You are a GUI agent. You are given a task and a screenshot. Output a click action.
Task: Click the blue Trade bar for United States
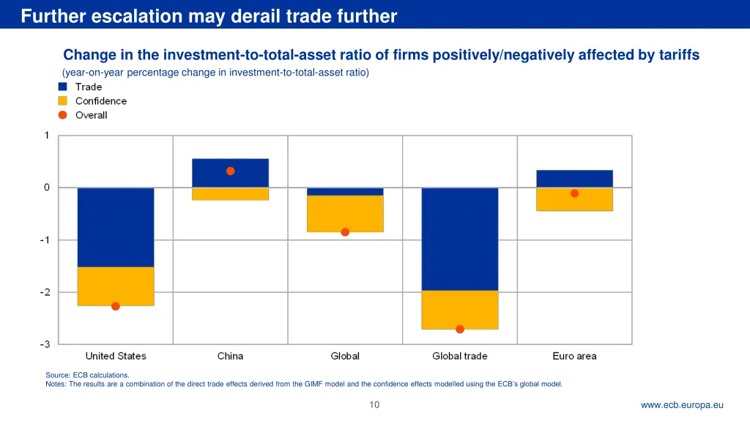(116, 227)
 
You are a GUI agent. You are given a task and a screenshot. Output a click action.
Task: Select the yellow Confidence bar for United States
(116, 286)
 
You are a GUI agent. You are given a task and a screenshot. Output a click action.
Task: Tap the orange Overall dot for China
(230, 171)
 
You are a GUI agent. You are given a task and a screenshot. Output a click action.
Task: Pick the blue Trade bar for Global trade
(460, 239)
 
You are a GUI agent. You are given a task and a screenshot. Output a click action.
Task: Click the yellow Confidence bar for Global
(345, 213)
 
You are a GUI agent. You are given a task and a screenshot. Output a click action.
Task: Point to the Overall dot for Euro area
(574, 193)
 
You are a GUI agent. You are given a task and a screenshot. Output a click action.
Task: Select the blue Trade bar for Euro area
(574, 179)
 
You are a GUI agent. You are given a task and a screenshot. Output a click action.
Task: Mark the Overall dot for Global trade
(460, 329)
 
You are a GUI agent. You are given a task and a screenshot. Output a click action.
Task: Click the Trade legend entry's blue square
(62, 86)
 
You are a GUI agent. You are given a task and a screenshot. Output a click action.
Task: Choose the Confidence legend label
(101, 101)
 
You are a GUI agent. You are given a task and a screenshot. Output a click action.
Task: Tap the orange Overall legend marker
(62, 115)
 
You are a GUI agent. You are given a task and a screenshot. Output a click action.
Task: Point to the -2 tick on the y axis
(45, 292)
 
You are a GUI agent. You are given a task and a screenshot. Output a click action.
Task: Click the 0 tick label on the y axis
(47, 188)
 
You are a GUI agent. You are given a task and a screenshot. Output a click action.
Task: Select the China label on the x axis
(230, 356)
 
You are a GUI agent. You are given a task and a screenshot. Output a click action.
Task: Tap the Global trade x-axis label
(460, 356)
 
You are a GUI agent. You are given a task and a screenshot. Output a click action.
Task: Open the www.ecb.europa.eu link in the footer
(682, 404)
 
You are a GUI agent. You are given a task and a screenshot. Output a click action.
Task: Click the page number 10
(374, 404)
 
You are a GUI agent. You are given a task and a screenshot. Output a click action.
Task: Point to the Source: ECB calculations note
(87, 375)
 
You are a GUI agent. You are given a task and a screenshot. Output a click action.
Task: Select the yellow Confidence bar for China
(230, 193)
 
